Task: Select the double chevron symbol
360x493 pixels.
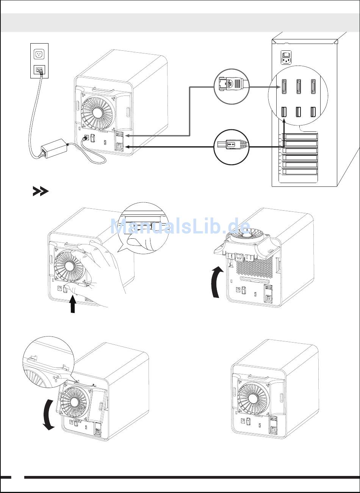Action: tap(41, 192)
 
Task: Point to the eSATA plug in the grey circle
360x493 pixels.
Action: tap(232, 86)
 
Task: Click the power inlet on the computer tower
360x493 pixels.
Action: tap(286, 58)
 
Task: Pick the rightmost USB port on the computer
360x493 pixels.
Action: tap(313, 113)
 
